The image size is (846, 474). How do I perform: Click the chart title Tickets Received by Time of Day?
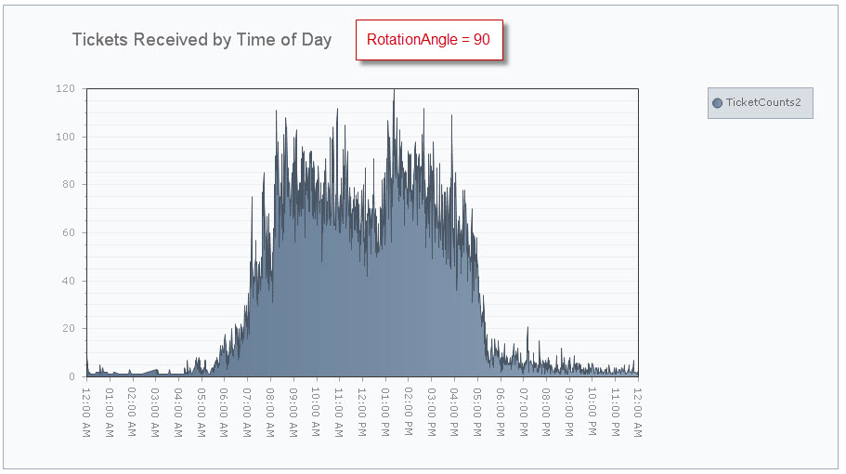point(202,40)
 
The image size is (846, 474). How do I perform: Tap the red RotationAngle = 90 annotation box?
point(429,40)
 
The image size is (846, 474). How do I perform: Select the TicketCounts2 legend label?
point(763,102)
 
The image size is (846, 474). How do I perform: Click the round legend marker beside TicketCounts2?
point(717,102)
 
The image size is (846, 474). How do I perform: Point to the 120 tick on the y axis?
point(65,89)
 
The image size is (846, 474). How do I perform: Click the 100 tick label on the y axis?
point(65,137)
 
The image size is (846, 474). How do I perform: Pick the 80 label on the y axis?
point(68,185)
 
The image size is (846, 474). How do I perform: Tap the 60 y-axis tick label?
point(68,232)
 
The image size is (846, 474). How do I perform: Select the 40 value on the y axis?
point(68,281)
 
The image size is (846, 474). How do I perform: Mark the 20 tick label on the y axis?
point(68,328)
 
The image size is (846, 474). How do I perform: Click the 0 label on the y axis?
point(71,376)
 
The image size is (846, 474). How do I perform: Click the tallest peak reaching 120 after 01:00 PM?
point(394,91)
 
